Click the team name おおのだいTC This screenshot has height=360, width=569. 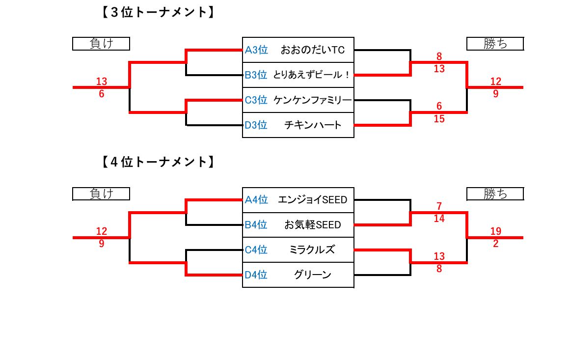coord(313,50)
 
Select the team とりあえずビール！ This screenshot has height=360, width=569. coord(312,75)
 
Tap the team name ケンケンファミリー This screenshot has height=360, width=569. coord(313,100)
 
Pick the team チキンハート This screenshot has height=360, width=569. coord(313,125)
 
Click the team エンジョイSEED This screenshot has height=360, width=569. coord(312,200)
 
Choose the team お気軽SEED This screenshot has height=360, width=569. coord(312,225)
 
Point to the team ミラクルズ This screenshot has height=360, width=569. coord(312,250)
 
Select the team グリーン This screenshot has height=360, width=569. coord(312,275)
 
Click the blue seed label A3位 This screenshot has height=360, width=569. coord(256,50)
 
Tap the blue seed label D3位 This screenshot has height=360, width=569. coord(256,125)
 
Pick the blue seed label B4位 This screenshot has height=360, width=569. coord(256,225)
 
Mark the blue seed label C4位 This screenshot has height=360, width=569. coord(256,250)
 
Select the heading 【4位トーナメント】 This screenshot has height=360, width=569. coord(158,162)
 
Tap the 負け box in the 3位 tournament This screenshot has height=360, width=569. coord(101,44)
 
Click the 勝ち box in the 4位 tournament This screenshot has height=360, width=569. coord(495,194)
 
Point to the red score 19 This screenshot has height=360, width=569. coord(495,231)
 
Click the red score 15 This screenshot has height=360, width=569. coord(439,119)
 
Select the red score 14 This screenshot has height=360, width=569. coord(439,219)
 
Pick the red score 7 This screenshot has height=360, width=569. coord(439,206)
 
